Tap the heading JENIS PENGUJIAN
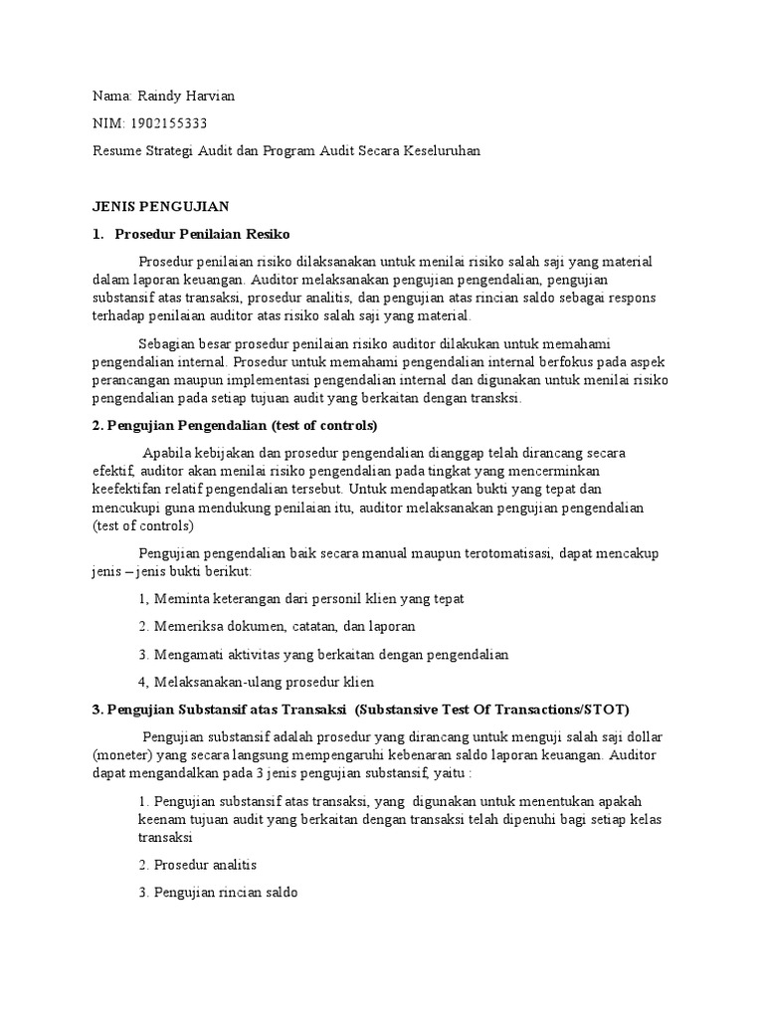(161, 206)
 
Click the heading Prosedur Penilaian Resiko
(202, 234)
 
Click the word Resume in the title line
(117, 150)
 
